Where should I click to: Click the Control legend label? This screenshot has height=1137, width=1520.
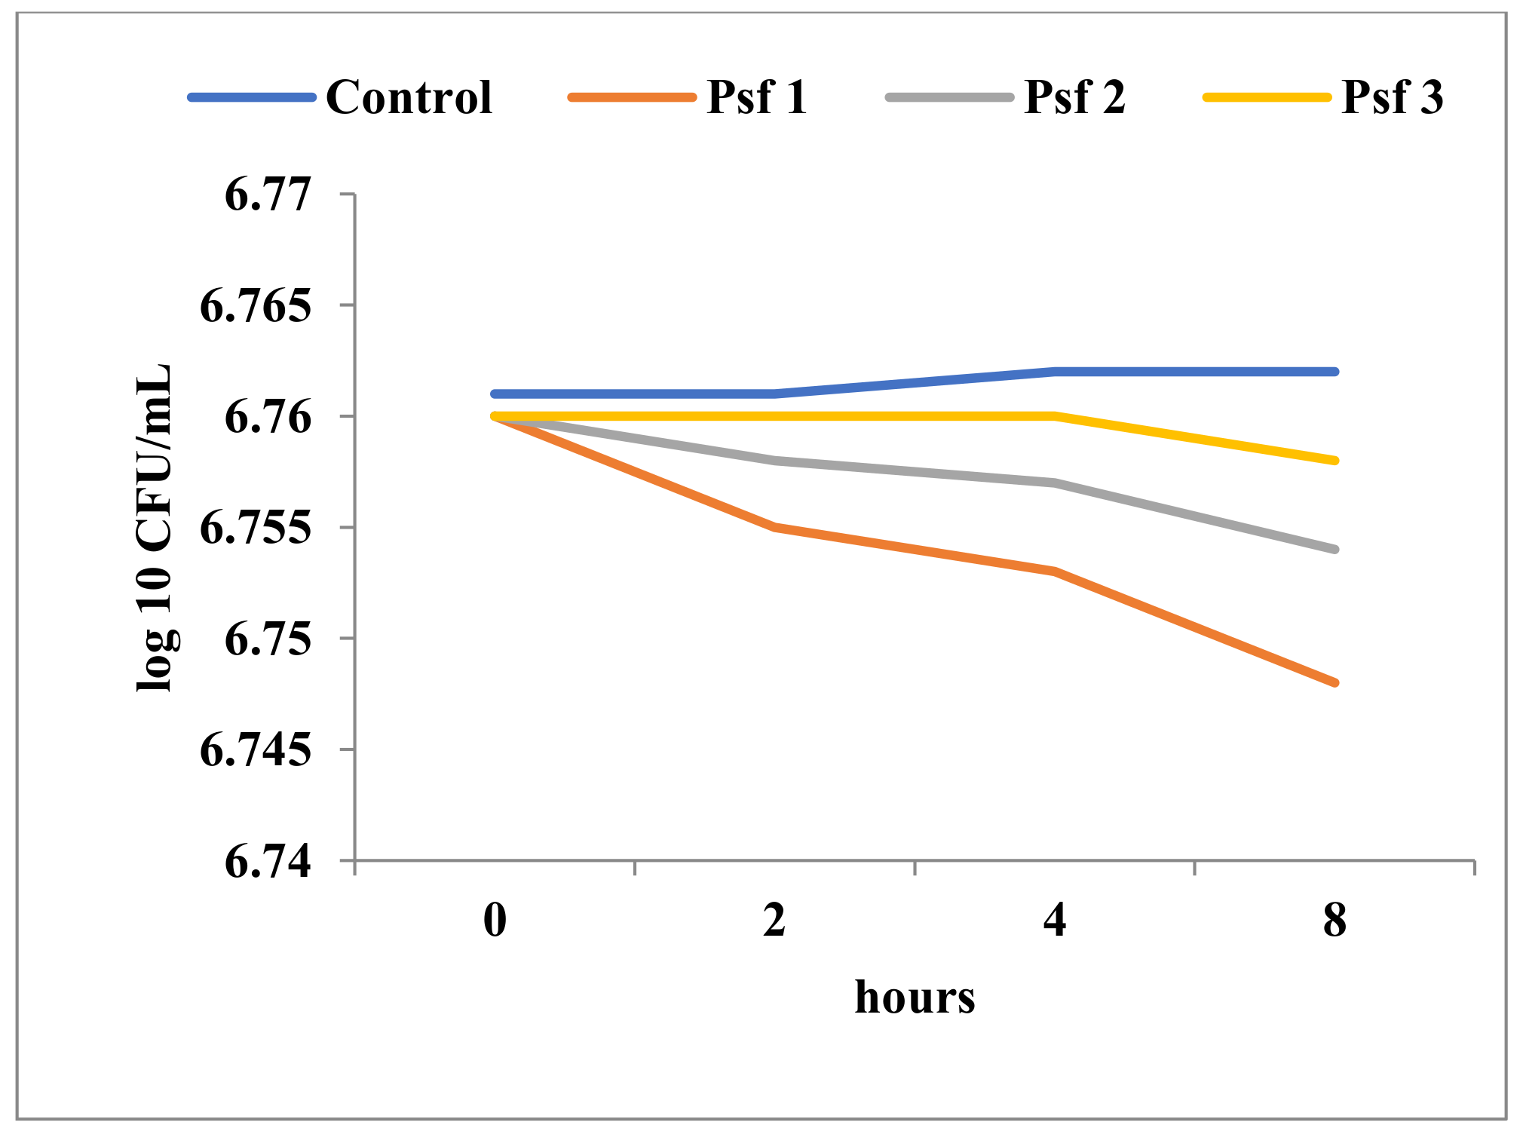pyautogui.click(x=409, y=98)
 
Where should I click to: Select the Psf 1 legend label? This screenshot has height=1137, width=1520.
pyautogui.click(x=757, y=98)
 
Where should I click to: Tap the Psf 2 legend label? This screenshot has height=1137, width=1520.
pyautogui.click(x=1074, y=98)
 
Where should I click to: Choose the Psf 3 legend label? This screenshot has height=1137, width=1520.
pyautogui.click(x=1392, y=98)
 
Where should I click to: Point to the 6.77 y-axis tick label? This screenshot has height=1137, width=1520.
pyautogui.click(x=268, y=195)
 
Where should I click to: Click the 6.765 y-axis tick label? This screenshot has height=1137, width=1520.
pyautogui.click(x=255, y=306)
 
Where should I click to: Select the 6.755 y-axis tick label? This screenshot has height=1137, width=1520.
pyautogui.click(x=255, y=528)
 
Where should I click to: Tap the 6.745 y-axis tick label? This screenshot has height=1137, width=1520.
pyautogui.click(x=255, y=750)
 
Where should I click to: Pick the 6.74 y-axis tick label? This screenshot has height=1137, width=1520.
pyautogui.click(x=268, y=861)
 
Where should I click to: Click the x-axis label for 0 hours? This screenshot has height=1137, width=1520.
pyautogui.click(x=495, y=921)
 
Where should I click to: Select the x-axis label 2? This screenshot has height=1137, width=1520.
pyautogui.click(x=774, y=921)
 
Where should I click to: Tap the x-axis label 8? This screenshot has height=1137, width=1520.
pyautogui.click(x=1335, y=921)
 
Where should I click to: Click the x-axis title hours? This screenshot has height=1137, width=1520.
pyautogui.click(x=915, y=998)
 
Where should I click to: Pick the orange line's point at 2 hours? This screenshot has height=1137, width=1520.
pyautogui.click(x=775, y=527)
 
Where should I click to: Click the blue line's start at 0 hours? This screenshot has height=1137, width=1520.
pyautogui.click(x=495, y=394)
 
